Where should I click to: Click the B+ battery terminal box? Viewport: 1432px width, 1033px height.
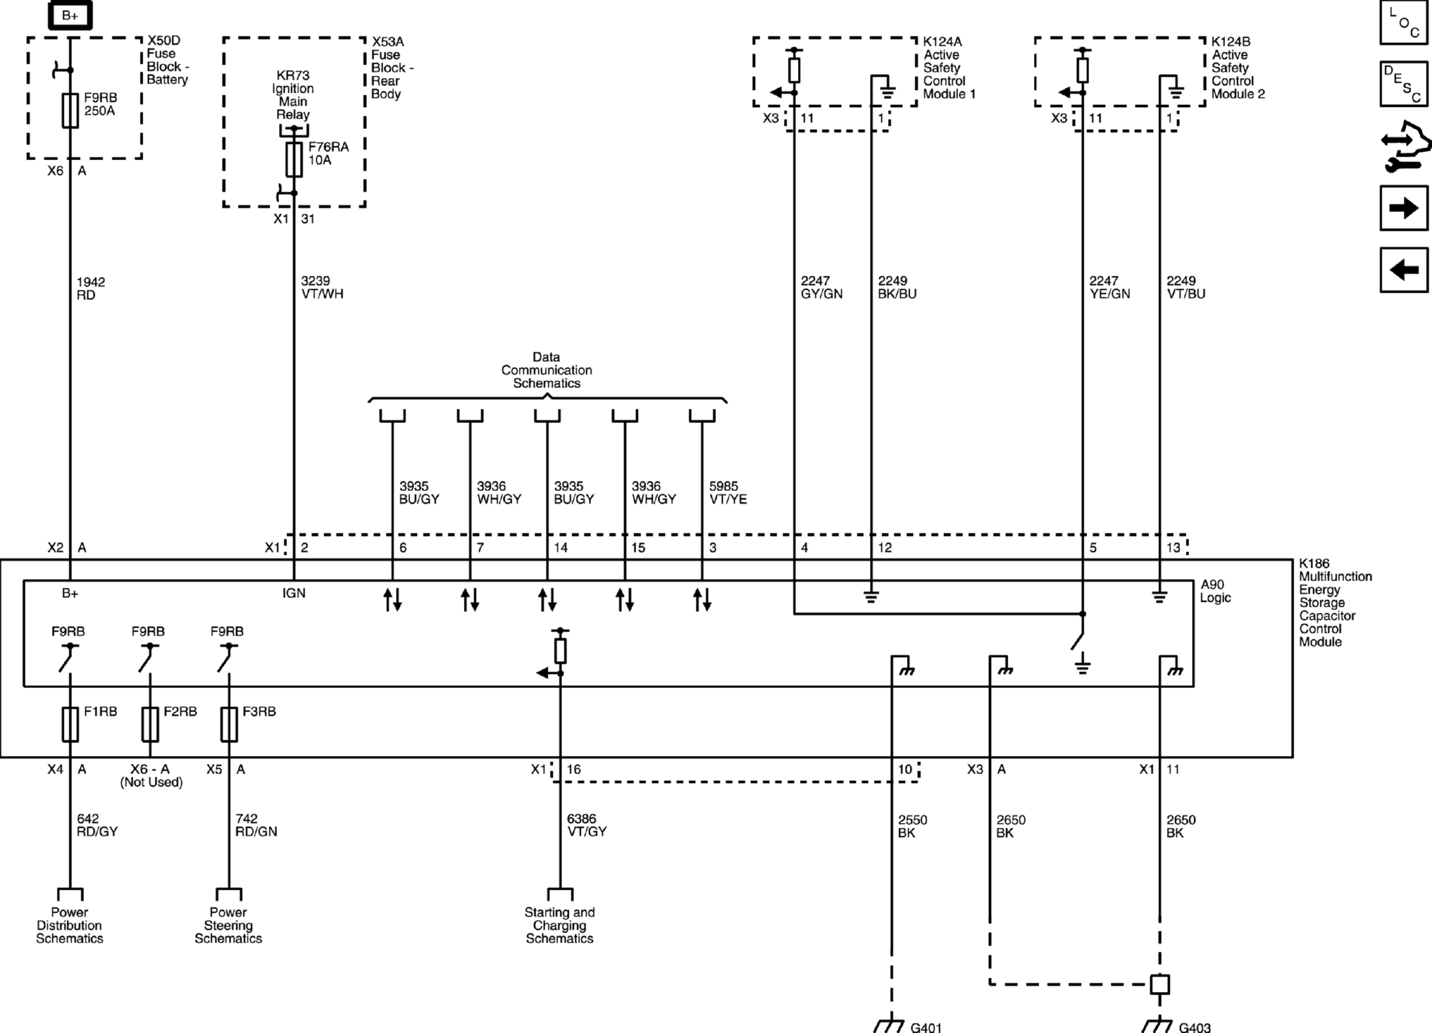tap(70, 15)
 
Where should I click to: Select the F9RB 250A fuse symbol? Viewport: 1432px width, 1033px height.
tap(70, 110)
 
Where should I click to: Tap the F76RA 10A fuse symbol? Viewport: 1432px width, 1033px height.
tap(294, 159)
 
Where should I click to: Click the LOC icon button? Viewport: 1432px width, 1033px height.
tap(1404, 23)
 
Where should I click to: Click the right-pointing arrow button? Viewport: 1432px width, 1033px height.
tap(1404, 208)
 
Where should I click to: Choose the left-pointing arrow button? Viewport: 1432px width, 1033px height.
tap(1404, 270)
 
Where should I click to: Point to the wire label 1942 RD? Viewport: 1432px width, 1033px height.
tap(91, 289)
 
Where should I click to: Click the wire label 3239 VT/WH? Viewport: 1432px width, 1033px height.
tap(322, 287)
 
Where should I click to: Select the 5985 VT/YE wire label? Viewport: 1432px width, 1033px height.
tap(727, 492)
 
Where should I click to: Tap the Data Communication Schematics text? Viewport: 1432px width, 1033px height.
tap(546, 370)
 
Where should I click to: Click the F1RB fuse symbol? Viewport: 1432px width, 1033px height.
tap(70, 724)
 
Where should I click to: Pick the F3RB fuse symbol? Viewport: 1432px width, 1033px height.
tap(229, 724)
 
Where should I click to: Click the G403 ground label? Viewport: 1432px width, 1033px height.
tap(1194, 1027)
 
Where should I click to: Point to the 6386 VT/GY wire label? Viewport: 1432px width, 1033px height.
tap(586, 825)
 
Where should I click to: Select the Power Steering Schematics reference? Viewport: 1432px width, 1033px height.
tap(228, 925)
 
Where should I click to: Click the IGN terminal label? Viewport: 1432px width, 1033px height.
tap(294, 593)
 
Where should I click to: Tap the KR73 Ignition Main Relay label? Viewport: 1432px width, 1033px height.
tap(292, 95)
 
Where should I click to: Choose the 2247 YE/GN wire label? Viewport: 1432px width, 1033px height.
tap(1109, 287)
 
